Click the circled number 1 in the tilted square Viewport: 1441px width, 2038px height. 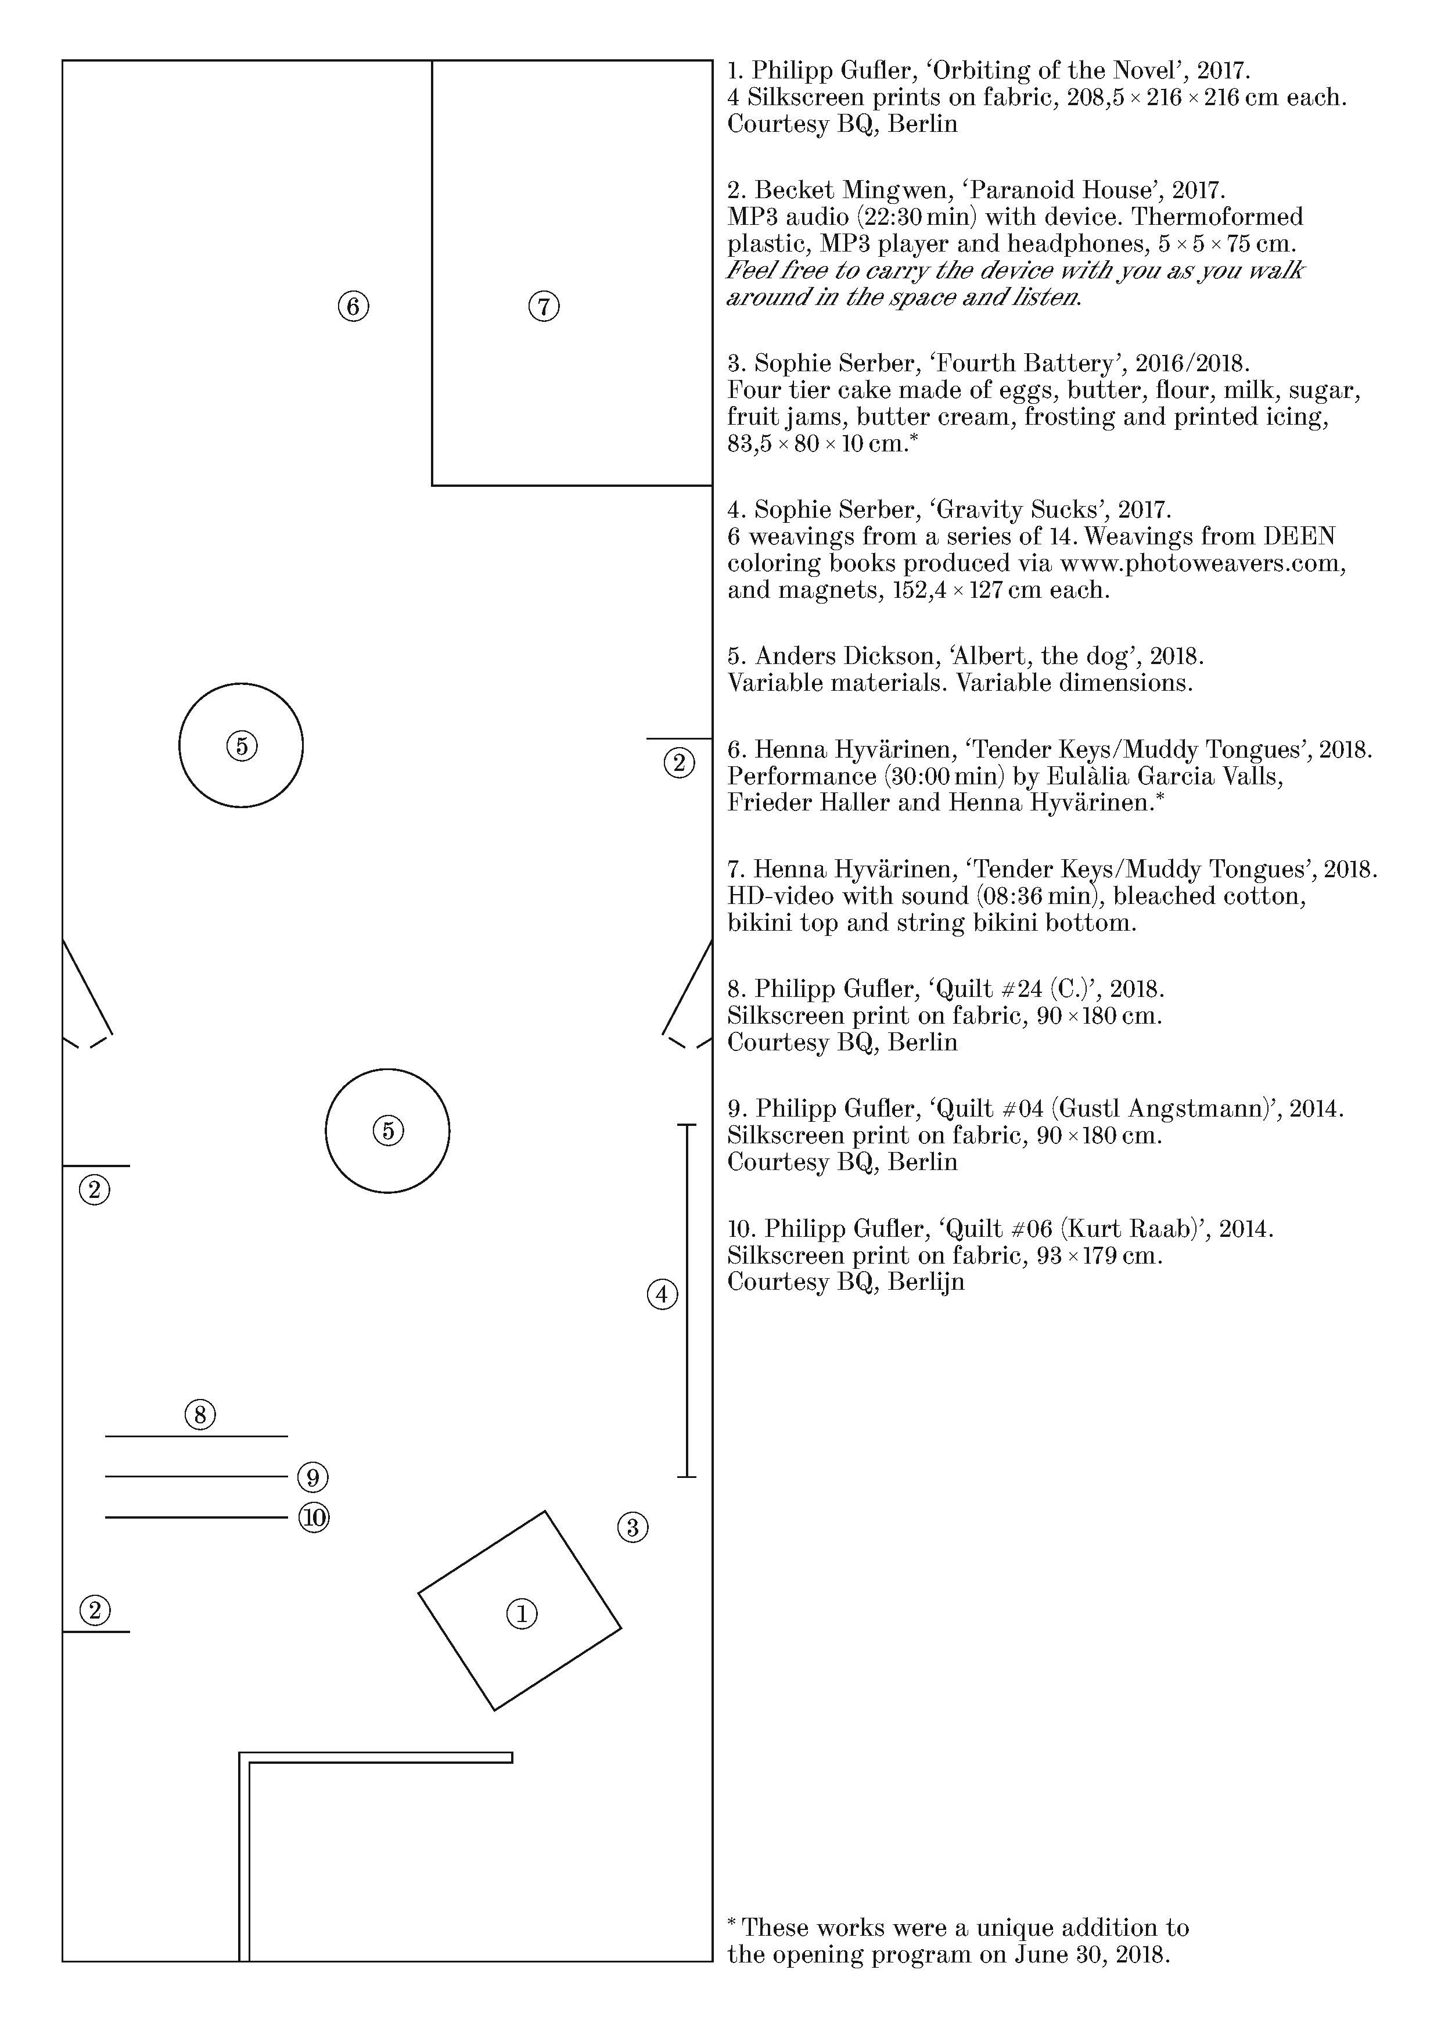point(522,1614)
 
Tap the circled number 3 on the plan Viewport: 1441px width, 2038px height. point(632,1527)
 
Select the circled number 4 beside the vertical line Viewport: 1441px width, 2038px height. point(662,1295)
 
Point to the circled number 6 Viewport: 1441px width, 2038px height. point(353,306)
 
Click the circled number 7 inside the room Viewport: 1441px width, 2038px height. point(544,306)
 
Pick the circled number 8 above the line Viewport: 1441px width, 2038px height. point(200,1414)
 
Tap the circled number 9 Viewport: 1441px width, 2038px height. point(312,1477)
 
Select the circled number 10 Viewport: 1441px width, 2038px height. point(313,1517)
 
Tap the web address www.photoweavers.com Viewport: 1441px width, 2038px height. point(1202,563)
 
